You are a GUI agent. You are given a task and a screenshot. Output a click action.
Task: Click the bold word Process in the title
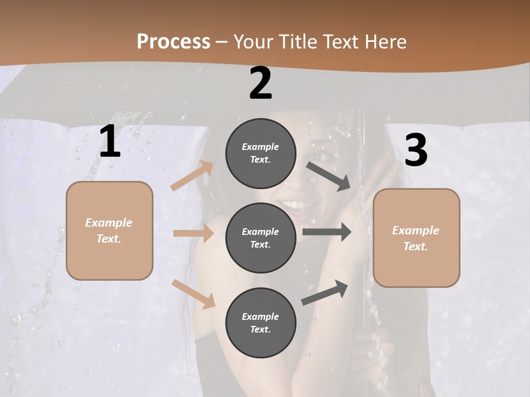coord(173,41)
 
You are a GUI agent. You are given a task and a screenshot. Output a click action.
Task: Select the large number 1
coord(110,142)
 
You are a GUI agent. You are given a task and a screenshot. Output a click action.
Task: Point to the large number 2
coord(261,83)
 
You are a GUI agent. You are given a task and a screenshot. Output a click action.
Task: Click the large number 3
coord(416,150)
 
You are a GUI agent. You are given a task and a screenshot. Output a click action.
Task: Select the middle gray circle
coord(261,238)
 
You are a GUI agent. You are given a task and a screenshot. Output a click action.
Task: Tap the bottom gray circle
coord(261,323)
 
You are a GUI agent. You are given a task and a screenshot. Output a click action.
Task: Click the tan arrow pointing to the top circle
coord(192,176)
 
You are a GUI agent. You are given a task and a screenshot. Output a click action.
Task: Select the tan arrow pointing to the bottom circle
coord(193,293)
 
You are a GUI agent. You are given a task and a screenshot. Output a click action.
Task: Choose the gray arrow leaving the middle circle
coord(327,232)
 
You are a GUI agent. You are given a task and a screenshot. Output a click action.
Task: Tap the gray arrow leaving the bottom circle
coord(325,293)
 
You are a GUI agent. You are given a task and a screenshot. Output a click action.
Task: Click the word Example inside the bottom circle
coord(261,316)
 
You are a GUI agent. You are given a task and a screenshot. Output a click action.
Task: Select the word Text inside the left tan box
coord(108,239)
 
